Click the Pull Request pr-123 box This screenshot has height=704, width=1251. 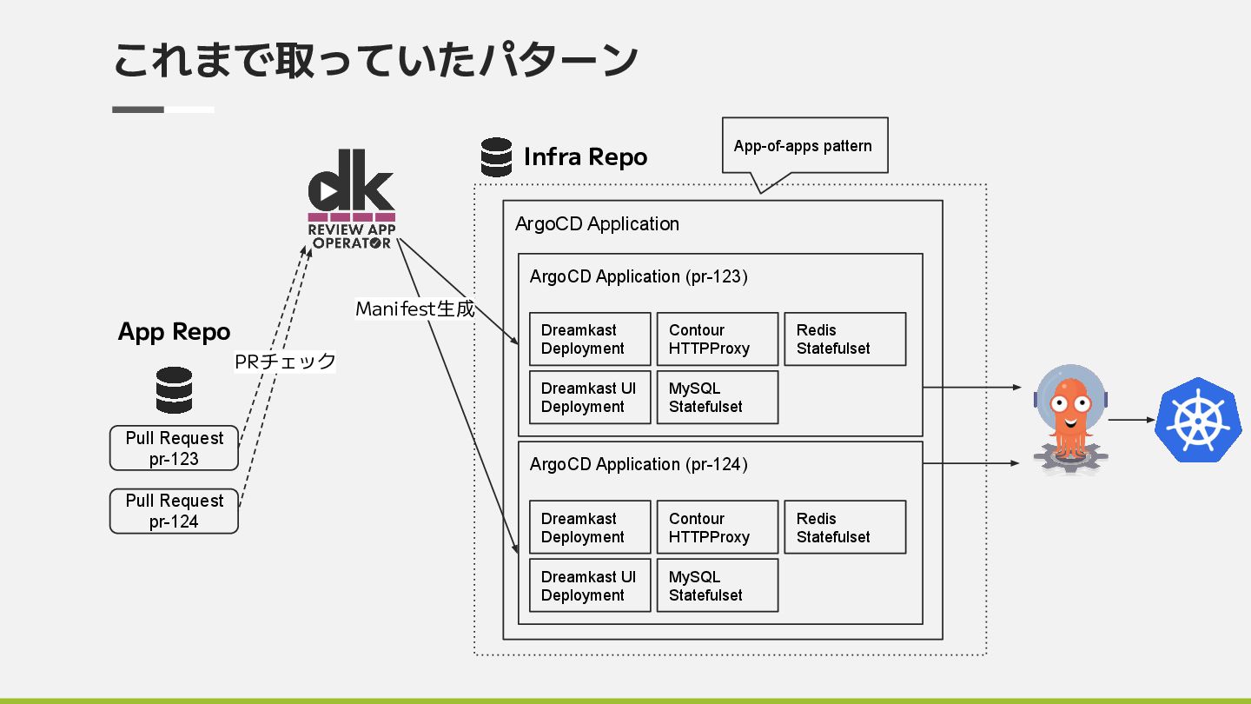pos(175,448)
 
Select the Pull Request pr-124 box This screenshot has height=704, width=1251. pos(175,511)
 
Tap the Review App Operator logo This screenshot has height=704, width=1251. pos(352,199)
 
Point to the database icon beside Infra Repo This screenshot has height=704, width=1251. pos(497,157)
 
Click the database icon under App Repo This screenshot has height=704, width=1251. pos(175,390)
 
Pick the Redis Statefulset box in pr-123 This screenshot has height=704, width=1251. pos(845,339)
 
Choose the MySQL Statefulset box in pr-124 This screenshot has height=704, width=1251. pos(718,586)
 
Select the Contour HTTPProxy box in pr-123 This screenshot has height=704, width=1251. pos(718,339)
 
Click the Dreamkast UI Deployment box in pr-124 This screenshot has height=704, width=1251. pos(591,586)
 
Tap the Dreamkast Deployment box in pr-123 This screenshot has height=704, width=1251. pos(591,339)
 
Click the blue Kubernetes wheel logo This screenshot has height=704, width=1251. pos(1199,420)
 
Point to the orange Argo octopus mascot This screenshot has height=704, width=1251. pos(1070,419)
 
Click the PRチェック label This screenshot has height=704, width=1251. pos(285,362)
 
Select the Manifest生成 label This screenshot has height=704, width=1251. pos(415,309)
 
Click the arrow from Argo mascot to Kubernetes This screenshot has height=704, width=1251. pos(1131,420)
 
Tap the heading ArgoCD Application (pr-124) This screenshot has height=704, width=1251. pos(639,464)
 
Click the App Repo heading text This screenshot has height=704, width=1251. pos(175,332)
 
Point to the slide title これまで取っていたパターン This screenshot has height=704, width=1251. pos(376,60)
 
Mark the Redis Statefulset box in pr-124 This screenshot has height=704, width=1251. pos(845,528)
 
